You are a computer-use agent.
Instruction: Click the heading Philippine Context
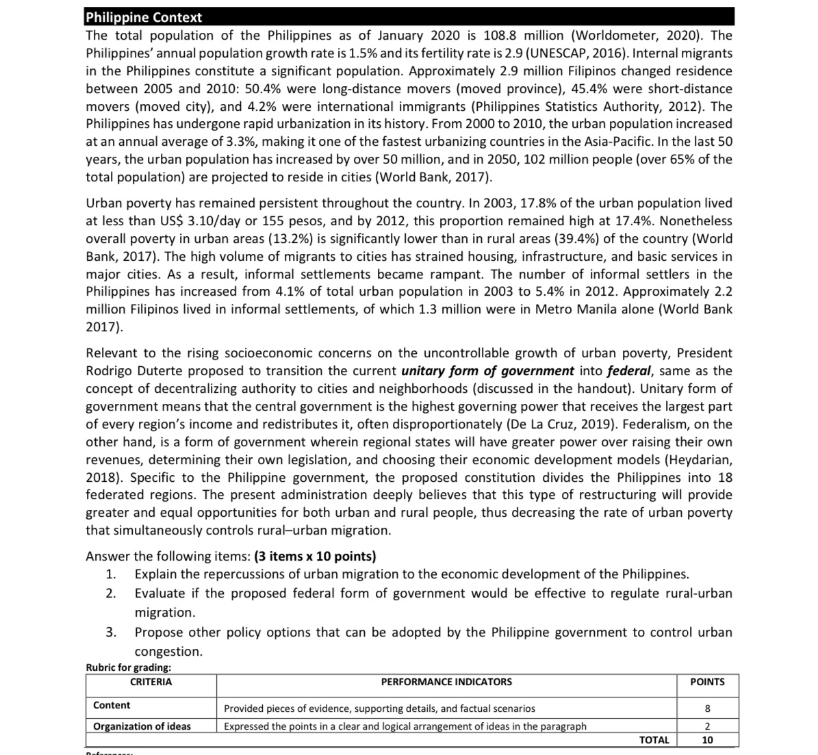144,17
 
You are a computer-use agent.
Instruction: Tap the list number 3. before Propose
111,632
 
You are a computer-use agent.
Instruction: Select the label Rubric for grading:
129,667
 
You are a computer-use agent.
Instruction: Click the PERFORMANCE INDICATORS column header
446,682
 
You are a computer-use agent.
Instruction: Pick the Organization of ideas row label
142,726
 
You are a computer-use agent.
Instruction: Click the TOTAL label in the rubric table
654,740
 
